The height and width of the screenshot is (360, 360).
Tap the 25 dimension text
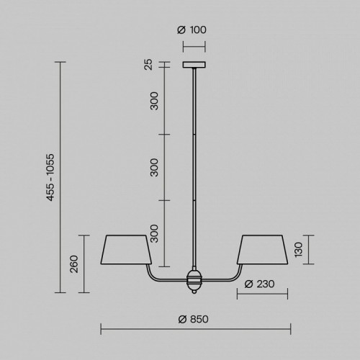pyautogui.click(x=148, y=66)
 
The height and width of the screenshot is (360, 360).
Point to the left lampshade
pyautogui.click(x=127, y=249)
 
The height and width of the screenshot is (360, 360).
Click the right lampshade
pyautogui.click(x=262, y=249)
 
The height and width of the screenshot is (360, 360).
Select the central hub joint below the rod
pyautogui.click(x=194, y=279)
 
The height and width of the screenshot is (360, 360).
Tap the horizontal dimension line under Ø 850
pyautogui.click(x=194, y=330)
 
